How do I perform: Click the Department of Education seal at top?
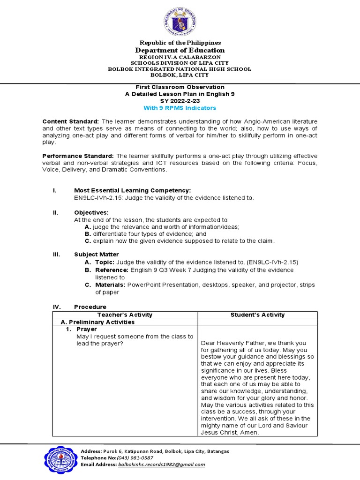(180, 21)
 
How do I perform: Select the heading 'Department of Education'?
(180, 50)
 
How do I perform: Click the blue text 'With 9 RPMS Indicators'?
(180, 108)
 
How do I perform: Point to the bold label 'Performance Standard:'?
(78, 156)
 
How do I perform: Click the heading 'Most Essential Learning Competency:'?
(133, 190)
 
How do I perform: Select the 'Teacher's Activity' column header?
(124, 315)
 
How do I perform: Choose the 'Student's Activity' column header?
(257, 315)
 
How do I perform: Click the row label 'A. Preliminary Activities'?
(98, 322)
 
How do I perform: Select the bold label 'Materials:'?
(110, 285)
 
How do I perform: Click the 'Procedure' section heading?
(90, 307)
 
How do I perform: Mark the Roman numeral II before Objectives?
(55, 212)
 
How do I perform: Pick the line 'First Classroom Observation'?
(180, 87)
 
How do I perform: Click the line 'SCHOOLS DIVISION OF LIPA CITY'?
(180, 63)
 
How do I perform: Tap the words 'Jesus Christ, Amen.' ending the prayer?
(230, 433)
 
